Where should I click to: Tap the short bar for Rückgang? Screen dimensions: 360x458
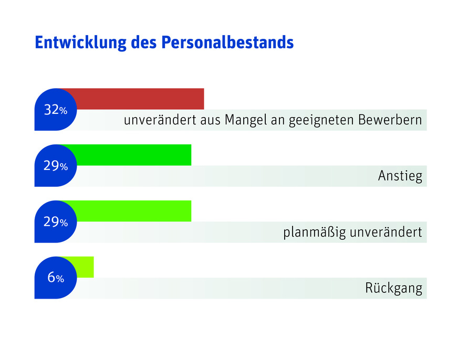click(x=84, y=267)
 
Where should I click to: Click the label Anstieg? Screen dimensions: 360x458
click(x=400, y=176)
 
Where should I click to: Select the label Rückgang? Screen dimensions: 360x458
click(x=393, y=289)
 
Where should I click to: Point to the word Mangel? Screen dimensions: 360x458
click(x=244, y=120)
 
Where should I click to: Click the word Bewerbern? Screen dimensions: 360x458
click(x=390, y=120)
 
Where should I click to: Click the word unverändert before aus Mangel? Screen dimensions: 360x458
click(x=160, y=120)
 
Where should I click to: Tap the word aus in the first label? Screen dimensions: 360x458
click(x=210, y=121)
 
